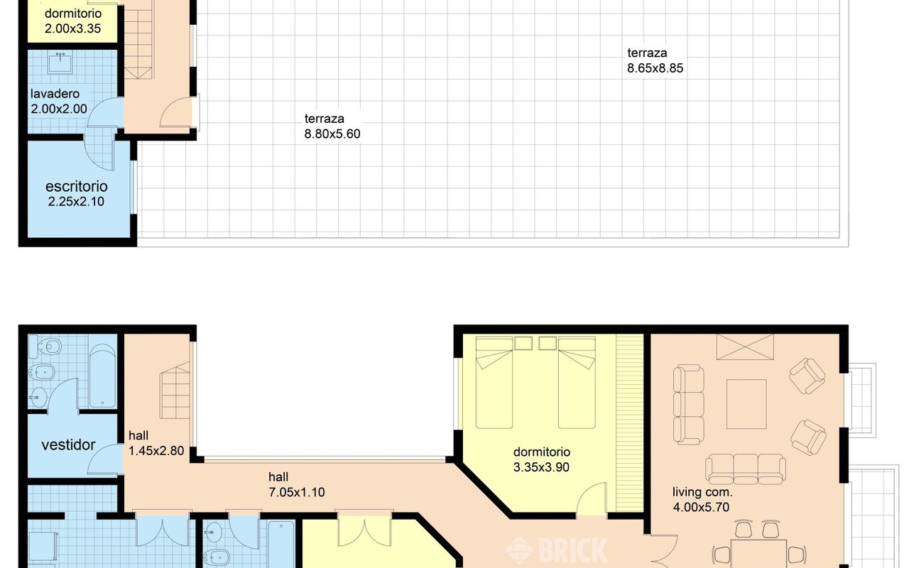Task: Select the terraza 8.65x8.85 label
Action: (x=655, y=60)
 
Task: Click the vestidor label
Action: (x=68, y=445)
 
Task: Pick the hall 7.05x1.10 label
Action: (x=297, y=485)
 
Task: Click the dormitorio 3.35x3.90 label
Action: (x=541, y=459)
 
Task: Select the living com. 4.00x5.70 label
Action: (x=702, y=500)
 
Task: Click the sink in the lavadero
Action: (x=60, y=64)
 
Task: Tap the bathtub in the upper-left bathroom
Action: (x=103, y=376)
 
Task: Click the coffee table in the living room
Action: (x=746, y=404)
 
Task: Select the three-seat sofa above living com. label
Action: (x=746, y=469)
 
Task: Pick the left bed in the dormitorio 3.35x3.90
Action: (x=494, y=383)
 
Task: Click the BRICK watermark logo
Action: (x=556, y=550)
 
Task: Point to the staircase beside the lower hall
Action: (x=175, y=390)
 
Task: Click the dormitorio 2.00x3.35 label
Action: (x=73, y=21)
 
